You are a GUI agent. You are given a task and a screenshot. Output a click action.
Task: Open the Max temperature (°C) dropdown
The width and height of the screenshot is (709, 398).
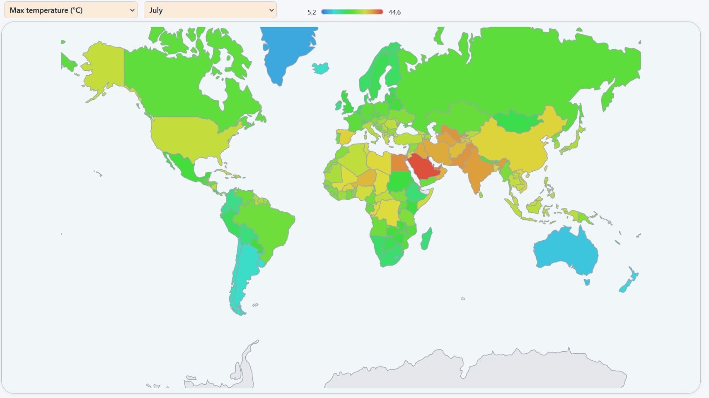[70, 10]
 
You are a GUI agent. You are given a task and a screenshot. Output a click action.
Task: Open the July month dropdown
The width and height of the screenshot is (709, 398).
[210, 10]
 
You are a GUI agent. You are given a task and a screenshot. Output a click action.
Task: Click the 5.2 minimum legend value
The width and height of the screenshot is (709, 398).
[312, 12]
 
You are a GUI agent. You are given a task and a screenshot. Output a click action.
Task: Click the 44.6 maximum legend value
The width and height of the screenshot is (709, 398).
[394, 12]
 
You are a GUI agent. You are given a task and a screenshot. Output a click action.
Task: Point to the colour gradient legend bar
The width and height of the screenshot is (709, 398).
[352, 12]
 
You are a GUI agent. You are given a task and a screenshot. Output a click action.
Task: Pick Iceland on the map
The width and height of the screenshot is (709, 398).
[320, 68]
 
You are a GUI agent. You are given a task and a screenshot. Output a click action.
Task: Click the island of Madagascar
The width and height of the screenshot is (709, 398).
[426, 239]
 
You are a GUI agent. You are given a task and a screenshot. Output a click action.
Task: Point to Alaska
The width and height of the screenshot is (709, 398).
[104, 66]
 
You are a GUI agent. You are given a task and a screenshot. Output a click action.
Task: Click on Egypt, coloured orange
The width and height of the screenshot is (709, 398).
[399, 163]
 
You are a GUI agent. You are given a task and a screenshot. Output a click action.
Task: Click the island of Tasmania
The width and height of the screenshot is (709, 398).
[587, 282]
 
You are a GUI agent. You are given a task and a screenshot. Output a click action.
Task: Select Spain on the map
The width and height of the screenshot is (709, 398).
[345, 136]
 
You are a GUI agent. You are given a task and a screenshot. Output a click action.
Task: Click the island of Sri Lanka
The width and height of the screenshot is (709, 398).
[481, 194]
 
